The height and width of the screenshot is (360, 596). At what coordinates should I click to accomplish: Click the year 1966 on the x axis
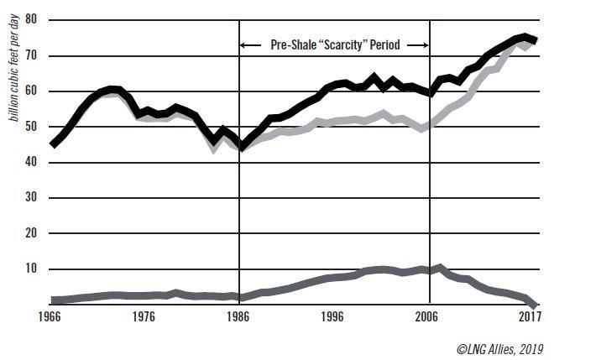click(53, 316)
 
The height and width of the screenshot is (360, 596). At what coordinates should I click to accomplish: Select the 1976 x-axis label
click(146, 316)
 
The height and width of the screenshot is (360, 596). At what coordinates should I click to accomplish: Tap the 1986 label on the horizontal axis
click(240, 316)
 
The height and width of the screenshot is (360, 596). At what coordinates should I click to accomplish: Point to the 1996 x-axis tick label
click(334, 316)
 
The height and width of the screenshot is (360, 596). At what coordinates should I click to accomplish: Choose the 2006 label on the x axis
click(427, 316)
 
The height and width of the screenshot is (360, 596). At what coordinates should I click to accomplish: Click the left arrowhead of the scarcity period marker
click(243, 44)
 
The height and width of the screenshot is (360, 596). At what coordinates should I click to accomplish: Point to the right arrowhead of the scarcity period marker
click(427, 44)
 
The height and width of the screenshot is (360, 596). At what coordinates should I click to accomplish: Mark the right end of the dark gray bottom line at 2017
click(534, 305)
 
